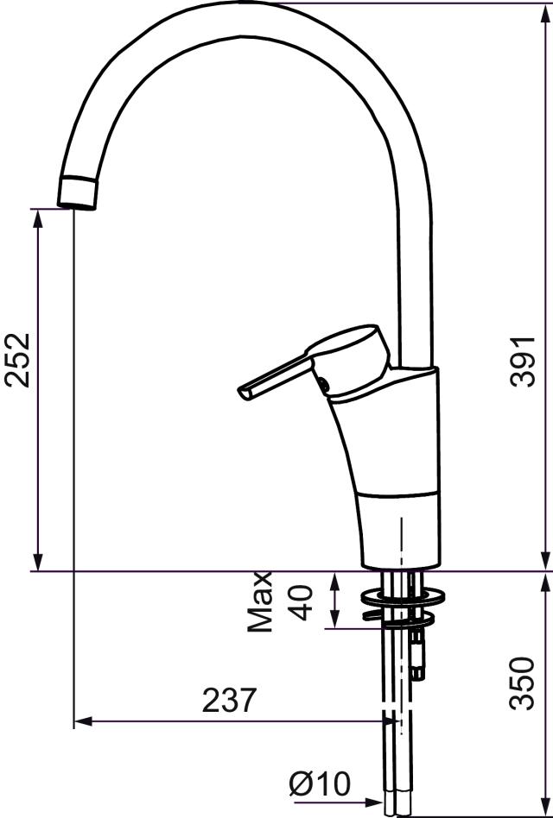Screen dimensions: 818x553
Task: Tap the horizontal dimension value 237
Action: point(230,700)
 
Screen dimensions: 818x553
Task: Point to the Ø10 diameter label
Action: point(320,784)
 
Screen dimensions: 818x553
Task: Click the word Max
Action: point(260,601)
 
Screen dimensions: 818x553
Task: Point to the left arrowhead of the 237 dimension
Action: point(81,721)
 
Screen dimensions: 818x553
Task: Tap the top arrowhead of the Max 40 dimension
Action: point(336,578)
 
